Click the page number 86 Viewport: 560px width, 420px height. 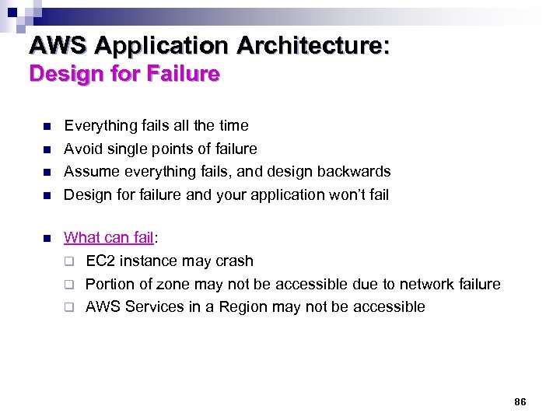520,401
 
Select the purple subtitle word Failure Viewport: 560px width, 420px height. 187,75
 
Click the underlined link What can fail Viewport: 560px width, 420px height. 108,238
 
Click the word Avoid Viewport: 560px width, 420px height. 82,149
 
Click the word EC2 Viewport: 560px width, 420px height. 101,261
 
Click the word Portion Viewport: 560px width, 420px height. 110,284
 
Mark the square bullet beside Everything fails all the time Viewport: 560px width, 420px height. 47,126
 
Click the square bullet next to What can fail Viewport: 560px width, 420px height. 47,238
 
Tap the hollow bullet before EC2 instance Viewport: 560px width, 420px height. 68,261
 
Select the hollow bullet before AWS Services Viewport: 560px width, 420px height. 68,307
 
